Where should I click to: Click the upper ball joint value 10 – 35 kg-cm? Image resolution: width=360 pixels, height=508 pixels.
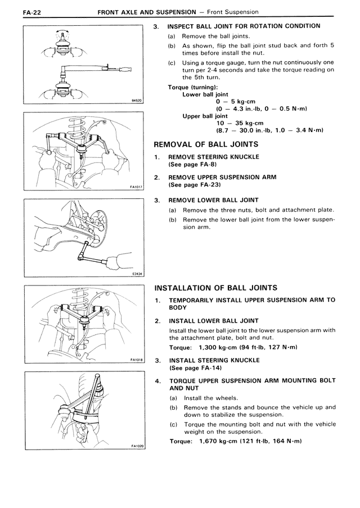(240, 123)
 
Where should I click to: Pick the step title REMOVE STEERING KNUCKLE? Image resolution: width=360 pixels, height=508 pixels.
(214, 157)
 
